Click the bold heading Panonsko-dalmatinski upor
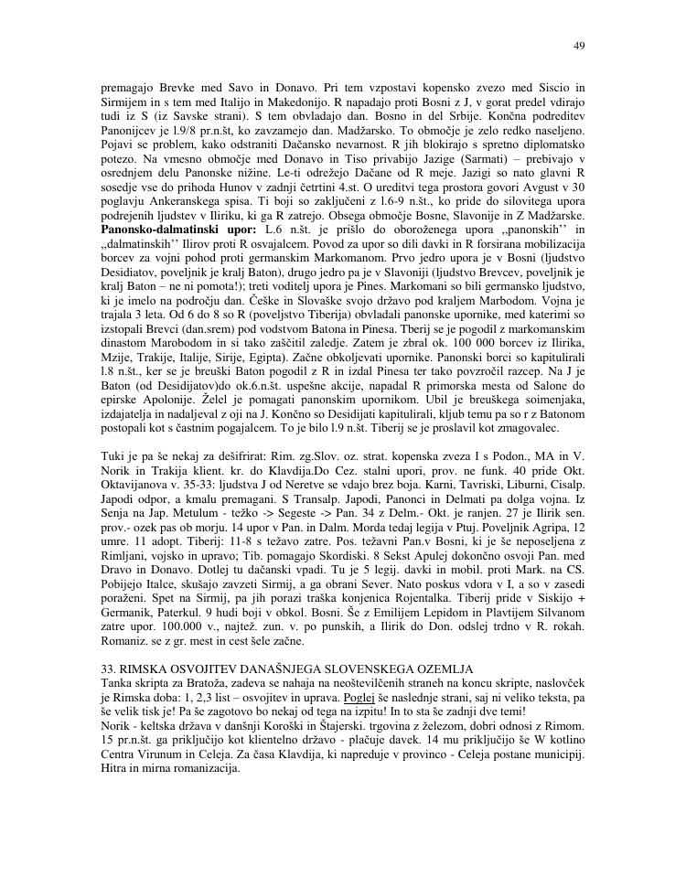(177, 227)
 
